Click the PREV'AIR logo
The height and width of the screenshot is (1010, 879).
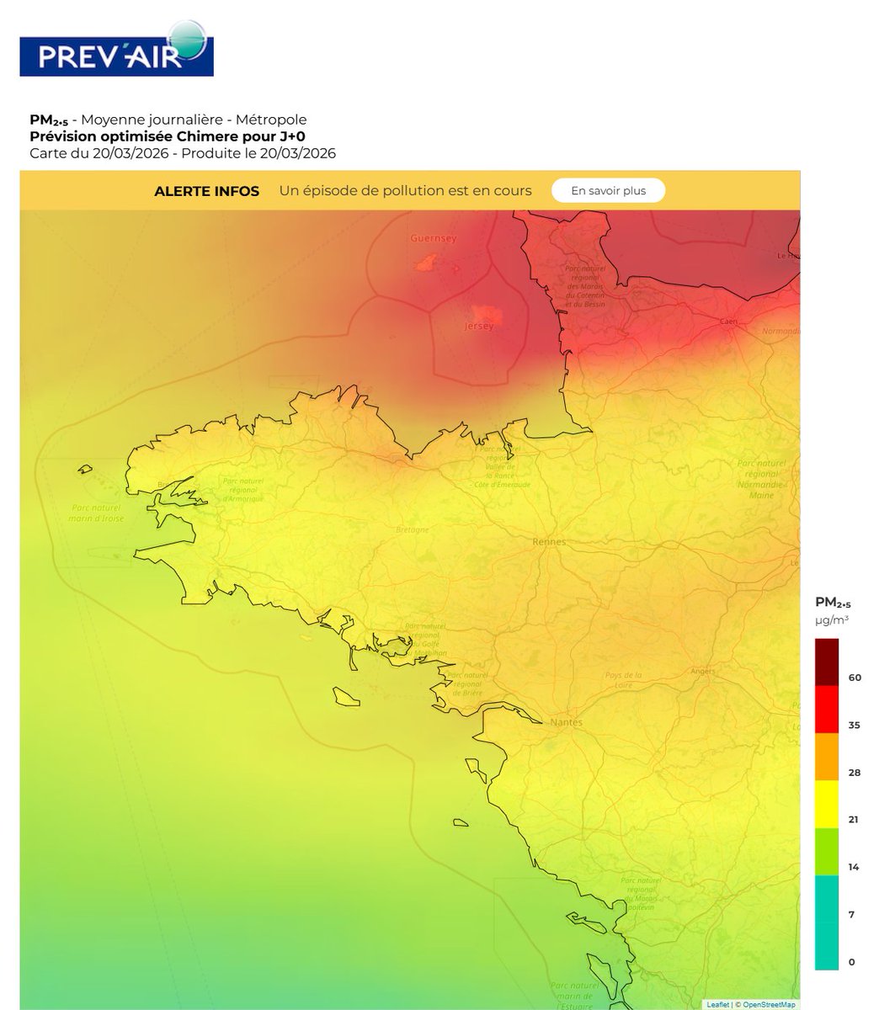click(x=116, y=50)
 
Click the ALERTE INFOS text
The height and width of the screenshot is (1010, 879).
click(x=207, y=191)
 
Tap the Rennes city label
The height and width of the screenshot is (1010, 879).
click(x=549, y=542)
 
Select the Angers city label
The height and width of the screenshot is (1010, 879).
click(x=701, y=671)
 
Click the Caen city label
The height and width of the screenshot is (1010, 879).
click(x=728, y=322)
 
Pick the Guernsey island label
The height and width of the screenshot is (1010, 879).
click(x=433, y=238)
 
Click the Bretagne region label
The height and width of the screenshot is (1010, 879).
click(x=413, y=529)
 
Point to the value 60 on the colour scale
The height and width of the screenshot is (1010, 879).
click(x=855, y=678)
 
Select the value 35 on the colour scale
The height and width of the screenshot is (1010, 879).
click(x=855, y=725)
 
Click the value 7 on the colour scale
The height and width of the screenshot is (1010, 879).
click(x=852, y=914)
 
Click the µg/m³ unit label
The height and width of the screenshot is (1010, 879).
click(x=832, y=619)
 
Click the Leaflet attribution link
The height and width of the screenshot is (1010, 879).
click(x=718, y=1004)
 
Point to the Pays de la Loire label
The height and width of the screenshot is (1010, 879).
click(x=624, y=679)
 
